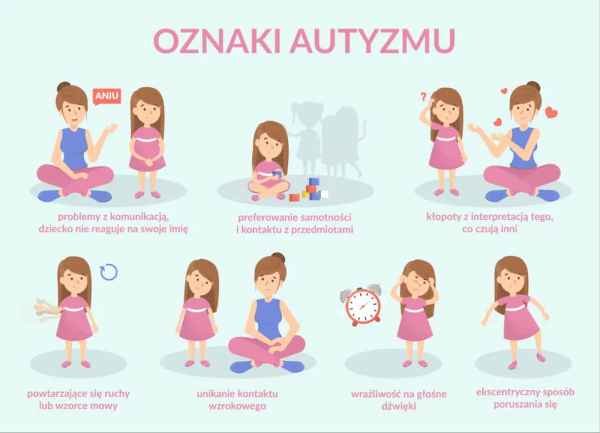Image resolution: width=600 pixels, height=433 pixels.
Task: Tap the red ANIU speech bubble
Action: (107, 96)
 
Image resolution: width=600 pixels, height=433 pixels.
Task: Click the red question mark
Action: (423, 97)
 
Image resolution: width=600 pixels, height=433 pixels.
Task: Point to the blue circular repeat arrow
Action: (108, 271)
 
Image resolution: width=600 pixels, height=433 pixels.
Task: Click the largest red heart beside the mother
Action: (551, 113)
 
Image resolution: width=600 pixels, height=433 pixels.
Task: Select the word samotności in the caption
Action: (328, 216)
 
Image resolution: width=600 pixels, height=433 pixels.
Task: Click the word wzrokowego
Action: (237, 406)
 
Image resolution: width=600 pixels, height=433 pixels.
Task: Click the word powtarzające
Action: (61, 394)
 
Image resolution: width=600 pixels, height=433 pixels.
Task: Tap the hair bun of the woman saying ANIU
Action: (64, 87)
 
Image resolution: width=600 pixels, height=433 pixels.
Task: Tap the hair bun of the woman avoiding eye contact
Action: (278, 258)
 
